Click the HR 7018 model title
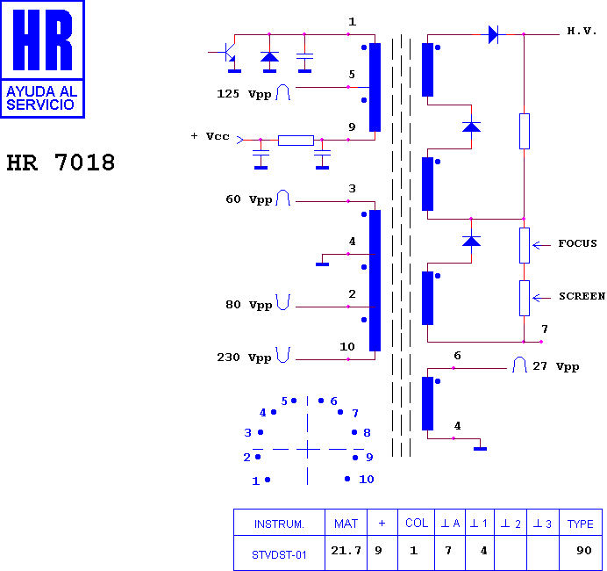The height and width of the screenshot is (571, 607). [61, 163]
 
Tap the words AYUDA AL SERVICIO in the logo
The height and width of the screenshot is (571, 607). [42, 98]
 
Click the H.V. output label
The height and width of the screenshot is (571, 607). [582, 31]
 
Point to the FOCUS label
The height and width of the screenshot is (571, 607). [577, 243]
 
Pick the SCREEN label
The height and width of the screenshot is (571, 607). [582, 296]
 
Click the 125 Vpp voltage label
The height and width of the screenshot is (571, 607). [244, 94]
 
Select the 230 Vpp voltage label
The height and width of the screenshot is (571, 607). [244, 358]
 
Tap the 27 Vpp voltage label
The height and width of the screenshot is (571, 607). [556, 366]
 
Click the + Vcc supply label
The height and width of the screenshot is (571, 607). [210, 136]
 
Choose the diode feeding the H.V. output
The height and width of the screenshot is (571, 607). [493, 34]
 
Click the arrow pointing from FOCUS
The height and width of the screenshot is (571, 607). [541, 245]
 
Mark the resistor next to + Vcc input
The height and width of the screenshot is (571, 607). [296, 141]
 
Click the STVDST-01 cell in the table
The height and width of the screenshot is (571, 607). [279, 555]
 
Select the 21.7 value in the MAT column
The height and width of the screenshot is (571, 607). [346, 551]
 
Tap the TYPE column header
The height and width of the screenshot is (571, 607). [581, 524]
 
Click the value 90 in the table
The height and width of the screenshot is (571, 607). [584, 551]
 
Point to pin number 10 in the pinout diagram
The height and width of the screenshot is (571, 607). [366, 480]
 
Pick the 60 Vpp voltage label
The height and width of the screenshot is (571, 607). [249, 199]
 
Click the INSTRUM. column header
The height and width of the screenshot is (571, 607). [279, 524]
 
